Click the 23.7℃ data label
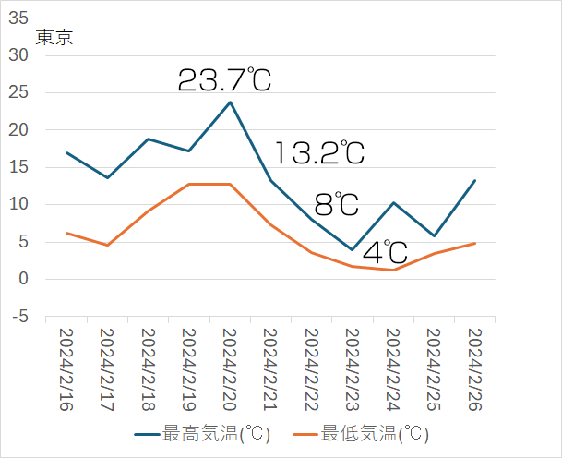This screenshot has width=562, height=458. (224, 80)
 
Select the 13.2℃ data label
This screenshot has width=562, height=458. (319, 152)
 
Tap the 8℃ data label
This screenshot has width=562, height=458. (336, 203)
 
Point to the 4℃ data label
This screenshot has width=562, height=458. (385, 252)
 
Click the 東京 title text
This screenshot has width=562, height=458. (54, 38)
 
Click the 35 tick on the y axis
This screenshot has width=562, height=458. (18, 18)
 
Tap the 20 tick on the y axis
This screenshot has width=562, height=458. (18, 130)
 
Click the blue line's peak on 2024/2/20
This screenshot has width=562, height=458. (230, 102)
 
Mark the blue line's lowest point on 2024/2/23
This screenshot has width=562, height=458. (352, 249)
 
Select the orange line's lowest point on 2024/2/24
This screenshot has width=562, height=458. (392, 270)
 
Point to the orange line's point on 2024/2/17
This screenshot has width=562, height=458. (108, 245)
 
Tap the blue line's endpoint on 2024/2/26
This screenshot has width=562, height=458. (473, 180)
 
